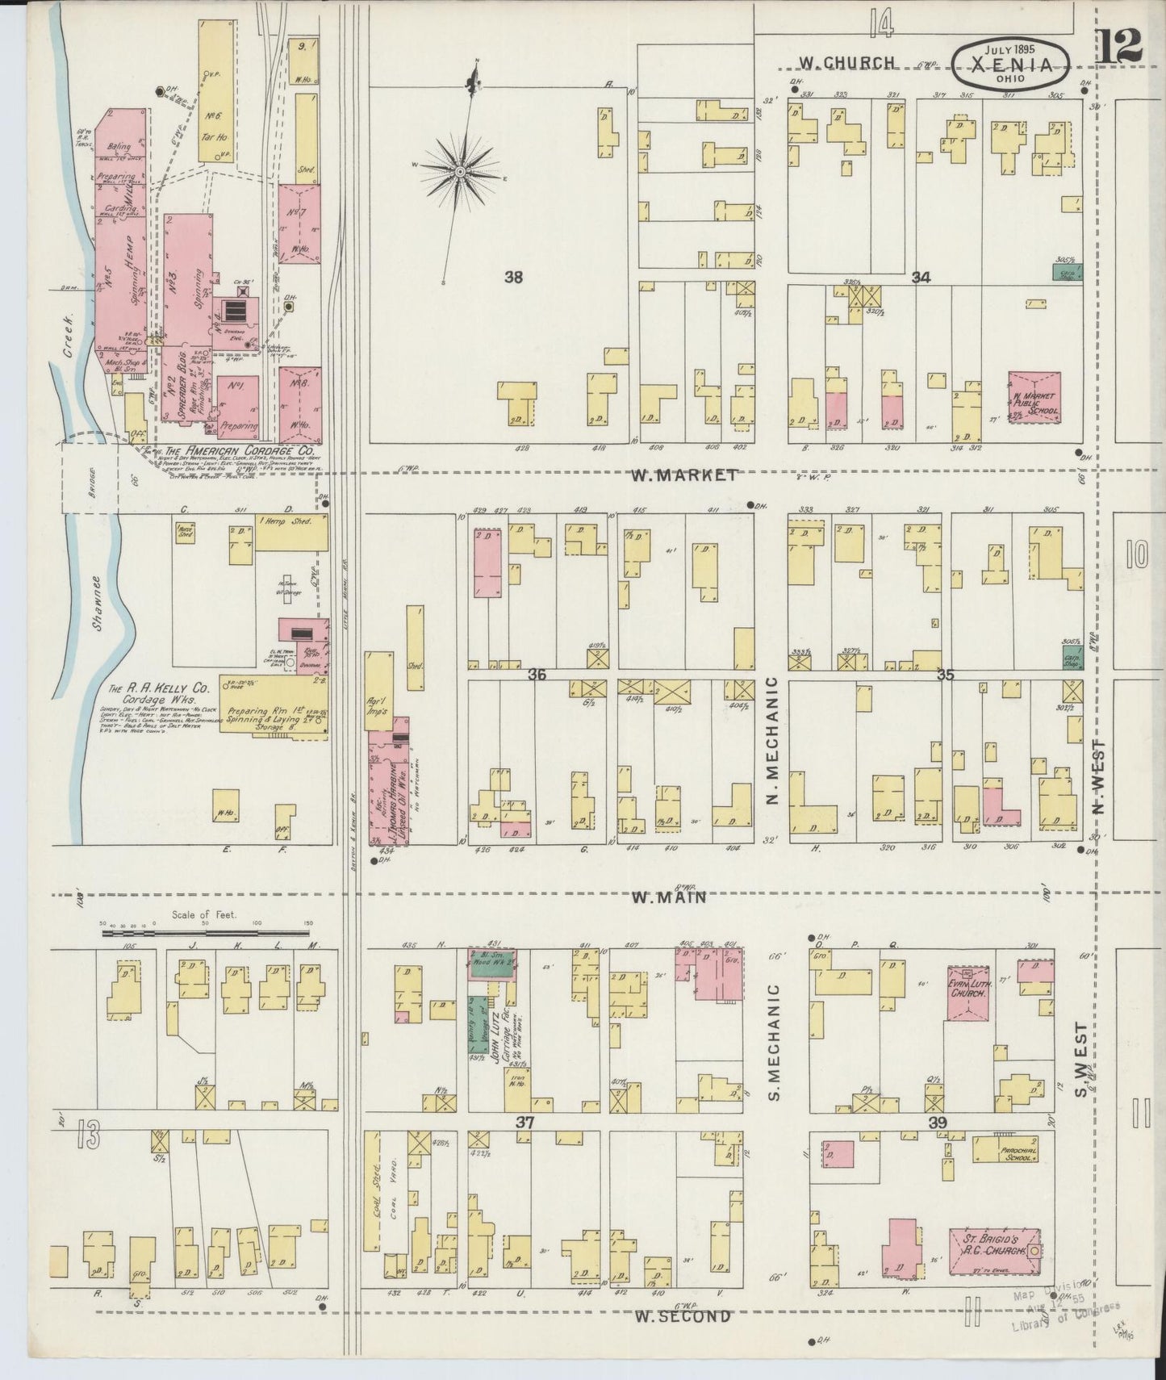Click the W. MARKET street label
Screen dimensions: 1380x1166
[683, 475]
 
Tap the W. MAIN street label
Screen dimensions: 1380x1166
[669, 897]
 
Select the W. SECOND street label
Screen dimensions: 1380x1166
[682, 1316]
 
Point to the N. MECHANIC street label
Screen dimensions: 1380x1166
[771, 741]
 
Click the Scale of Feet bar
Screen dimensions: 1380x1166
[207, 933]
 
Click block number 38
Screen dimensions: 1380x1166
[513, 278]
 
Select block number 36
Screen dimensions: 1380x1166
[536, 674]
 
